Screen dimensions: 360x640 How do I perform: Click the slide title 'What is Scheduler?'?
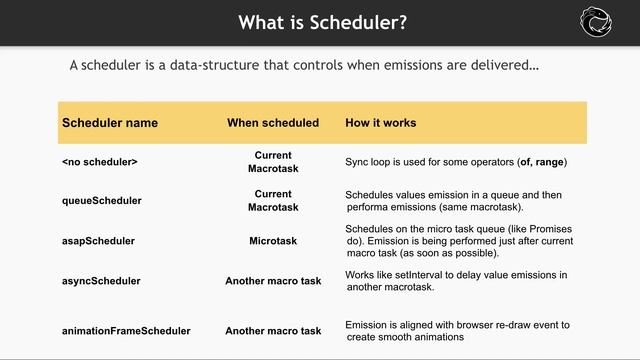pos(320,22)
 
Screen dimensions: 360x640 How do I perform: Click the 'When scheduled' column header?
pos(273,123)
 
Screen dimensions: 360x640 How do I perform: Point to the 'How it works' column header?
pos(381,123)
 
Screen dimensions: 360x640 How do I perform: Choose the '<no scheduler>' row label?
pos(100,161)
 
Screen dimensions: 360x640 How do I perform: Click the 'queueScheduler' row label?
pos(102,200)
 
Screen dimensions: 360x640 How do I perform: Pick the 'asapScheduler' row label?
pos(98,241)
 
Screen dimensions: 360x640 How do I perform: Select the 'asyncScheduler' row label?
pos(101,281)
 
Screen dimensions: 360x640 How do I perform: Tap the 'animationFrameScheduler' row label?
pos(126,330)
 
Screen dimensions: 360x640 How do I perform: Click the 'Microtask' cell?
pos(273,241)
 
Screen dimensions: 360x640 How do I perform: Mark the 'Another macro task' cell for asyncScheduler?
pos(273,281)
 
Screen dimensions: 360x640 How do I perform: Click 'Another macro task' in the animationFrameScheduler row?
pos(273,330)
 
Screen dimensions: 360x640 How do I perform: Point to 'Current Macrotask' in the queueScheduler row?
pos(273,200)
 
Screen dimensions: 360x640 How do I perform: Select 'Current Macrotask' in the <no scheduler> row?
pos(273,162)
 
